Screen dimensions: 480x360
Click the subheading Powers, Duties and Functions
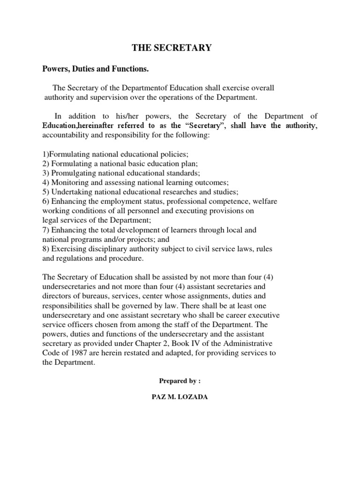pos(96,69)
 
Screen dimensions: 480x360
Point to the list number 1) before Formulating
pos(45,154)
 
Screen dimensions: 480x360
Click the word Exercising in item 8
pos(67,248)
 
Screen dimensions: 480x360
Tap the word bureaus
pos(91,296)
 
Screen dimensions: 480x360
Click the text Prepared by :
pos(180,381)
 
